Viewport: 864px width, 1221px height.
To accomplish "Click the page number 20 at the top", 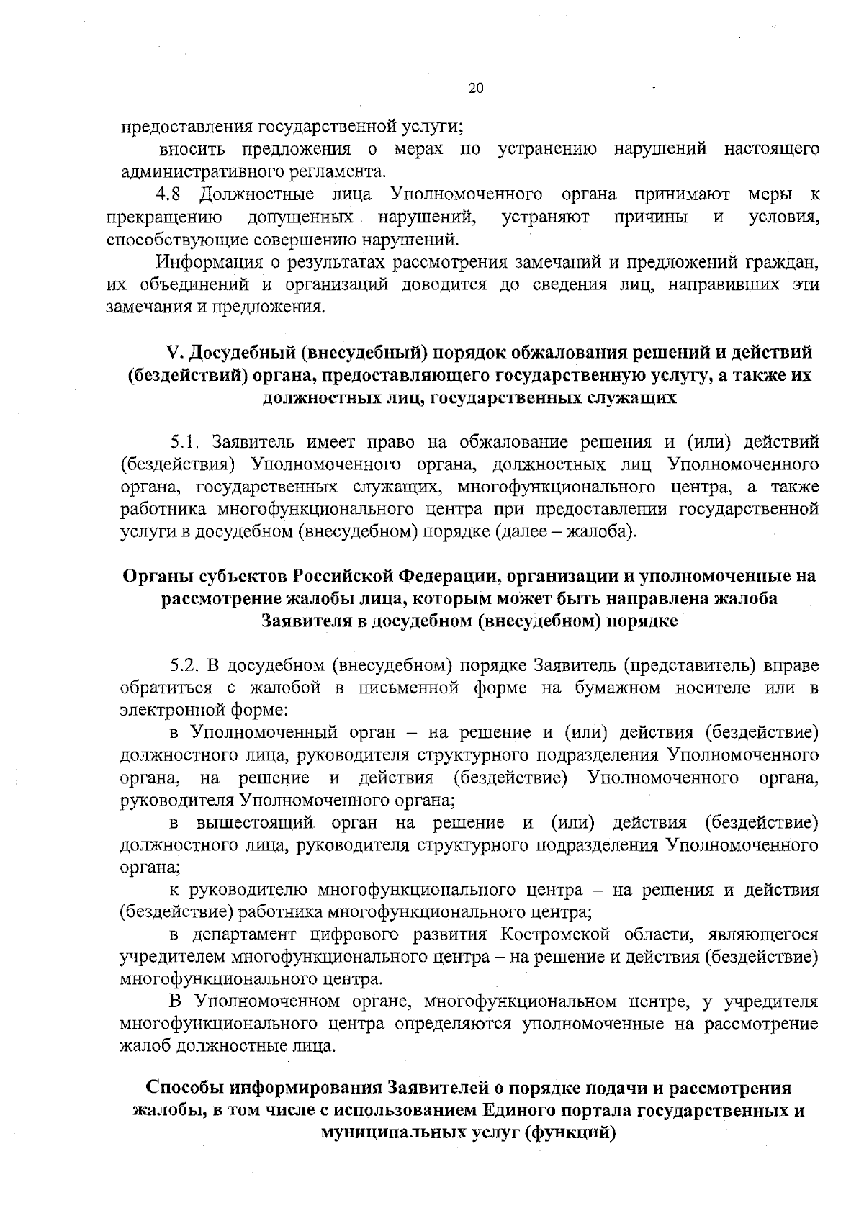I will [x=475, y=89].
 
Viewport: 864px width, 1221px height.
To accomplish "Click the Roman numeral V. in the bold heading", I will [x=176, y=352].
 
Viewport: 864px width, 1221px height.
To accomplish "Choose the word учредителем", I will [x=173, y=958].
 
